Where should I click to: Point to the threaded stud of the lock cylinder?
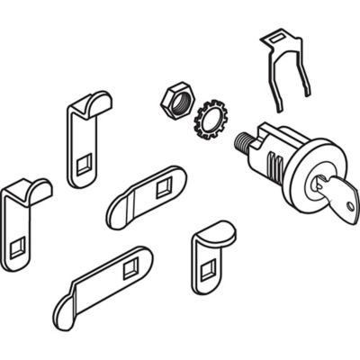tap(245, 142)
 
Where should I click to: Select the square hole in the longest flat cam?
tap(130, 266)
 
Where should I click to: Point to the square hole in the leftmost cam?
tap(18, 247)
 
